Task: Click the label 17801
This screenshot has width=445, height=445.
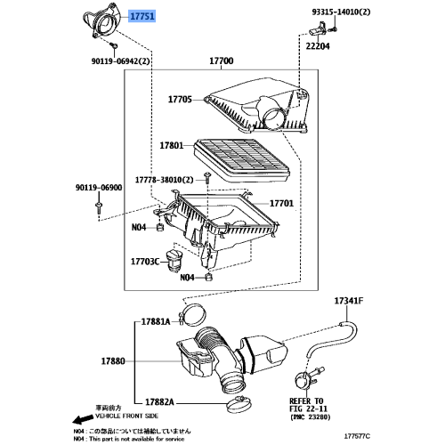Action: coord(171,144)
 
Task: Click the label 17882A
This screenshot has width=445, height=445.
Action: coord(154,401)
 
